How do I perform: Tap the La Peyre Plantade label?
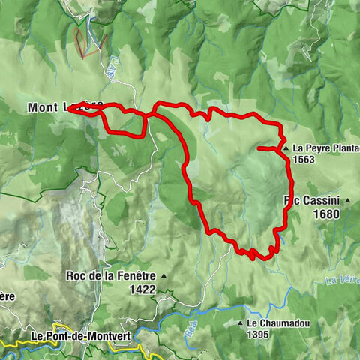(325, 148)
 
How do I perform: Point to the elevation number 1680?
(328, 214)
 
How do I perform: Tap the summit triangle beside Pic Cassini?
(348, 200)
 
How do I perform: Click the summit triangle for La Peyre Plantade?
(286, 148)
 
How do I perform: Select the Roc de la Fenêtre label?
(111, 275)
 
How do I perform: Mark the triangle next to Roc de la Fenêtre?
(163, 276)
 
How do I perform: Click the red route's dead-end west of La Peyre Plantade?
(259, 150)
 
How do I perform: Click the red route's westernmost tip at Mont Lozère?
(68, 109)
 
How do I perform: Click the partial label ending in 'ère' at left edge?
(7, 295)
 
